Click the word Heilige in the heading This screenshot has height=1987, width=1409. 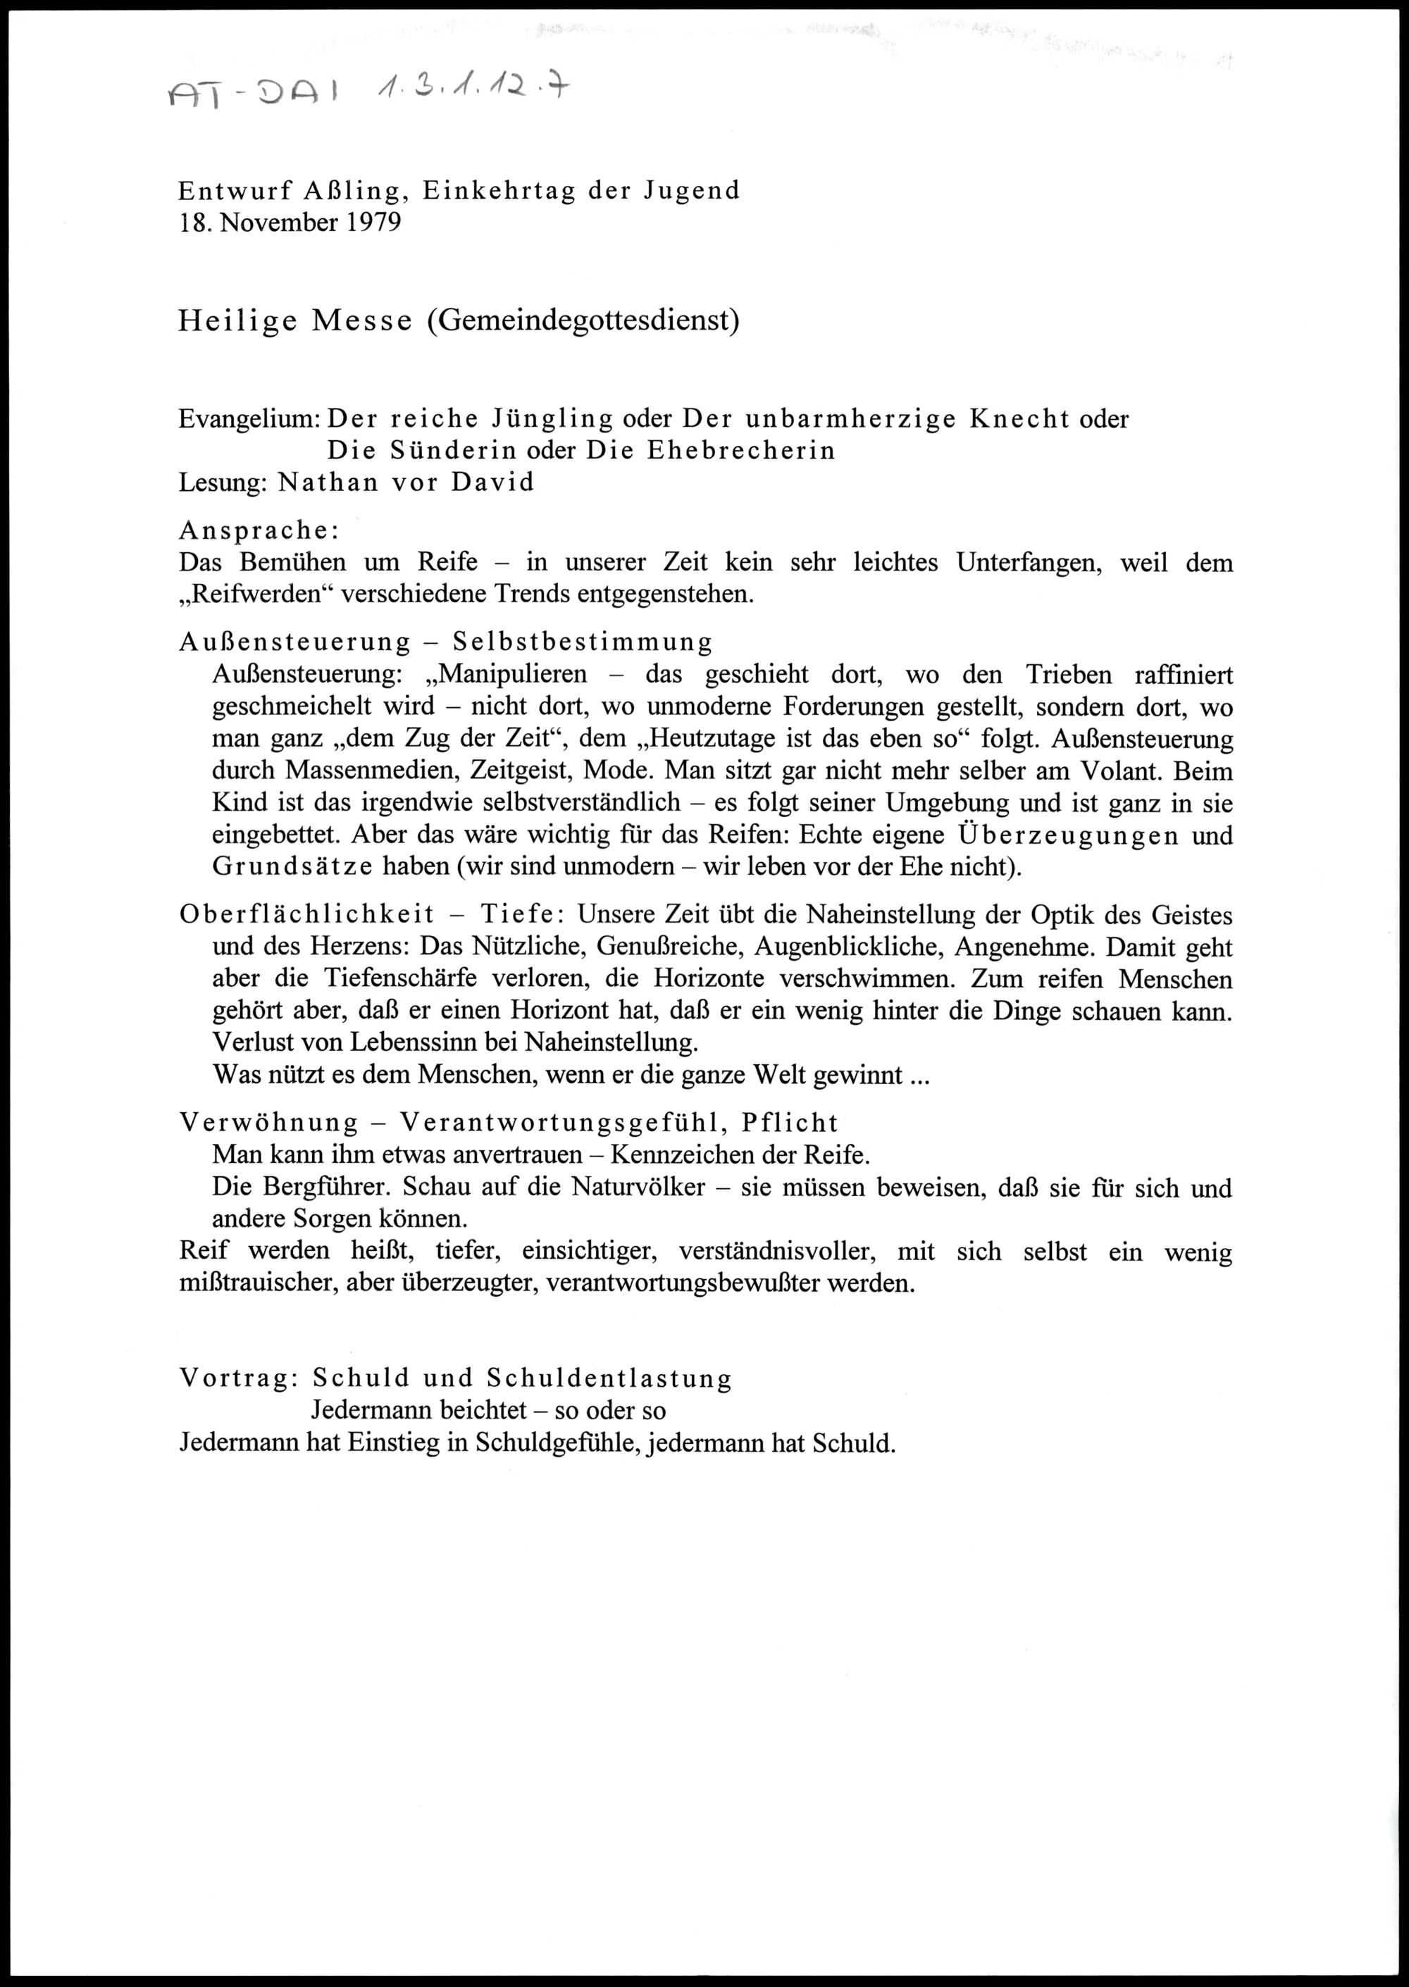tap(237, 321)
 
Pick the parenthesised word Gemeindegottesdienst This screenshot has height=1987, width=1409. tap(582, 321)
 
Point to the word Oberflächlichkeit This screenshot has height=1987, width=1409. tap(306, 914)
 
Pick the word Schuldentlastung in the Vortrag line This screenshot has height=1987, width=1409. tap(609, 1378)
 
